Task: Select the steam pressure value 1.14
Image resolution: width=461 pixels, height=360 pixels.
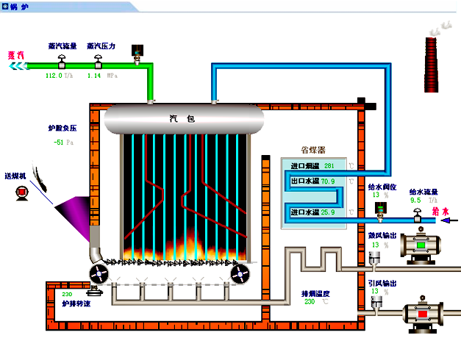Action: tap(94, 75)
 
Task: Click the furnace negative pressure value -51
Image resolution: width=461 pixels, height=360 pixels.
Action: tap(59, 142)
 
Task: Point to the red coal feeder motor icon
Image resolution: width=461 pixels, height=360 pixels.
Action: tap(21, 192)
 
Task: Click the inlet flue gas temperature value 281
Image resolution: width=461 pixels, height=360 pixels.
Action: tap(329, 165)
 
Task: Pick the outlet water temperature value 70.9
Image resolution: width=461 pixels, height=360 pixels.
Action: tap(327, 181)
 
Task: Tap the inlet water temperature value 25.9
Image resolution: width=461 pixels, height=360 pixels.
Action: tap(327, 212)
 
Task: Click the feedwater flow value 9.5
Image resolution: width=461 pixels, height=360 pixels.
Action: tap(415, 200)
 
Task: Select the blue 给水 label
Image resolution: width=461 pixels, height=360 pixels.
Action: tap(441, 212)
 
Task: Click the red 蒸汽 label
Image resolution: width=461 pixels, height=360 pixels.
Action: tap(15, 54)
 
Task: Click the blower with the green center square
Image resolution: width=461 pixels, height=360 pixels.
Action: tap(423, 245)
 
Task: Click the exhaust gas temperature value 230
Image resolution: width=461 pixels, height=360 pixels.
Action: tap(309, 301)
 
